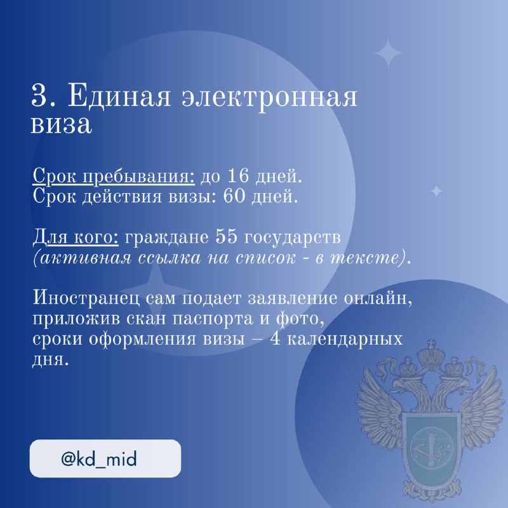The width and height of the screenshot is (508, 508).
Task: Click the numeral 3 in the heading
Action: click(x=39, y=96)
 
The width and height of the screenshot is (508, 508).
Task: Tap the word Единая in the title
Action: click(x=119, y=97)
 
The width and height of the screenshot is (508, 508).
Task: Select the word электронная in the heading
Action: click(x=269, y=97)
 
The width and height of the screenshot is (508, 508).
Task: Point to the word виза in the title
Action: click(x=61, y=124)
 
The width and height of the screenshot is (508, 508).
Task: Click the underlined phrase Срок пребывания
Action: click(x=114, y=177)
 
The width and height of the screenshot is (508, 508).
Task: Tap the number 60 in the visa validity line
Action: click(x=234, y=196)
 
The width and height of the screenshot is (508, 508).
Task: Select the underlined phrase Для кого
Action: click(x=76, y=237)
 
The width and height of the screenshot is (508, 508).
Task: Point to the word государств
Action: click(x=292, y=238)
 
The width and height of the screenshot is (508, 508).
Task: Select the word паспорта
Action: click(x=212, y=319)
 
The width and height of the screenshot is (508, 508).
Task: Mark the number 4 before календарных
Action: click(x=276, y=339)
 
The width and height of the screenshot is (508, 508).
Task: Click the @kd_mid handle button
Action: click(x=105, y=458)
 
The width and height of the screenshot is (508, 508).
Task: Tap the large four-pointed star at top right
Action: click(x=388, y=53)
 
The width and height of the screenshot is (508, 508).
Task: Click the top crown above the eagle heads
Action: click(x=431, y=354)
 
